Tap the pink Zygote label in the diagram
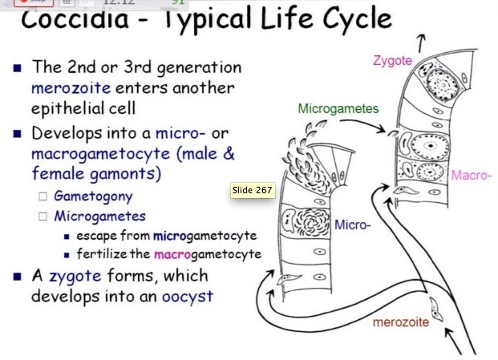coord(393,60)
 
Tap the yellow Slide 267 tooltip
coord(253,190)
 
